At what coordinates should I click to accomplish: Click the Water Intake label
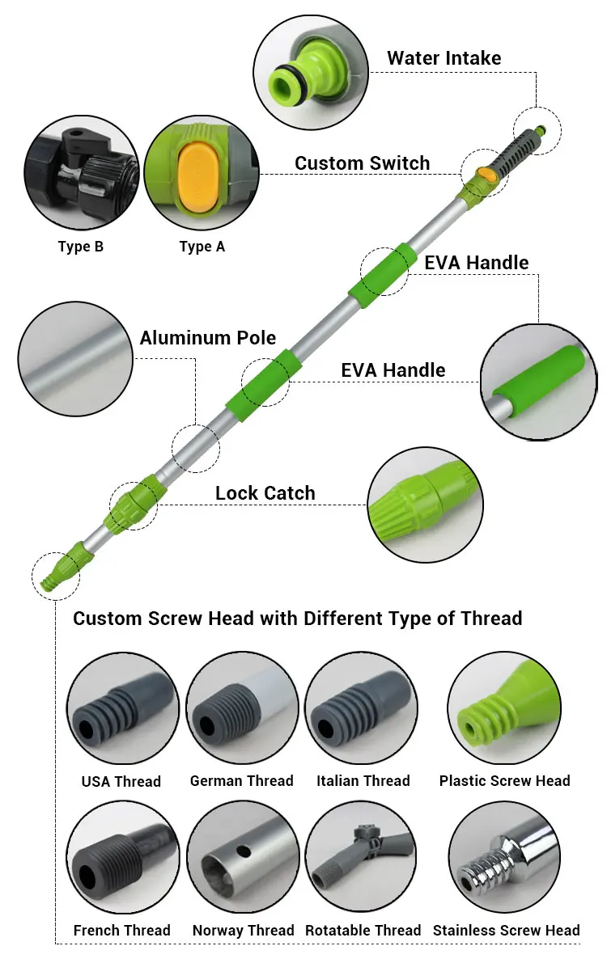pyautogui.click(x=444, y=58)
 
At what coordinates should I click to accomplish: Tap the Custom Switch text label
pyautogui.click(x=362, y=163)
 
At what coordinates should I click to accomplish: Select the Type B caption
pyautogui.click(x=81, y=247)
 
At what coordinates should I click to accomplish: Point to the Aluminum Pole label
pyautogui.click(x=207, y=338)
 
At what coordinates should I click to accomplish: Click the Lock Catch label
pyautogui.click(x=265, y=493)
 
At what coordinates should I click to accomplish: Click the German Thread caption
pyautogui.click(x=241, y=781)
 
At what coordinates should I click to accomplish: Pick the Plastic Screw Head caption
pyautogui.click(x=504, y=781)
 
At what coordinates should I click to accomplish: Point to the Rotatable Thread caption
pyautogui.click(x=363, y=931)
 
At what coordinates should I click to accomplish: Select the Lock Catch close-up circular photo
pyautogui.click(x=425, y=505)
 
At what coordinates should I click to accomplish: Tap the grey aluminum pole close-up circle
pyautogui.click(x=74, y=358)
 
